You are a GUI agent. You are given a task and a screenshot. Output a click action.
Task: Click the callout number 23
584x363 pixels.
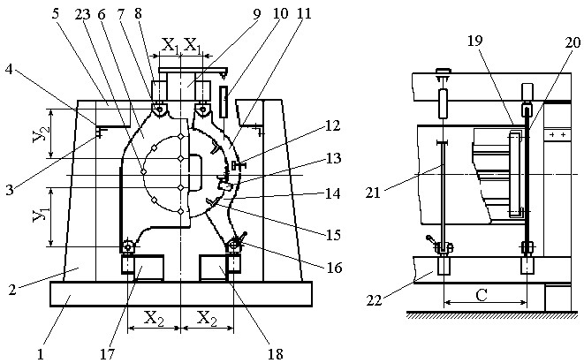pyautogui.click(x=82, y=14)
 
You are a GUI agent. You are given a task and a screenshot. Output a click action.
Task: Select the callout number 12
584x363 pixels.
pyautogui.click(x=333, y=125)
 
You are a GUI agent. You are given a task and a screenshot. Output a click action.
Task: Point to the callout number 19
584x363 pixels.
pyautogui.click(x=474, y=41)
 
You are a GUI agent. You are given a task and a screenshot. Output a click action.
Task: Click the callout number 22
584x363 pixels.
pyautogui.click(x=375, y=300)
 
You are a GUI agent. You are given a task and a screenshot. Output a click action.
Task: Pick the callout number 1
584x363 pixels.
pyautogui.click(x=41, y=354)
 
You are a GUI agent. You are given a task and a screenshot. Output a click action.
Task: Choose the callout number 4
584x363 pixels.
pyautogui.click(x=9, y=69)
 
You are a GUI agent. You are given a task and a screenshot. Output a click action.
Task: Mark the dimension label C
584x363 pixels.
pyautogui.click(x=482, y=295)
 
